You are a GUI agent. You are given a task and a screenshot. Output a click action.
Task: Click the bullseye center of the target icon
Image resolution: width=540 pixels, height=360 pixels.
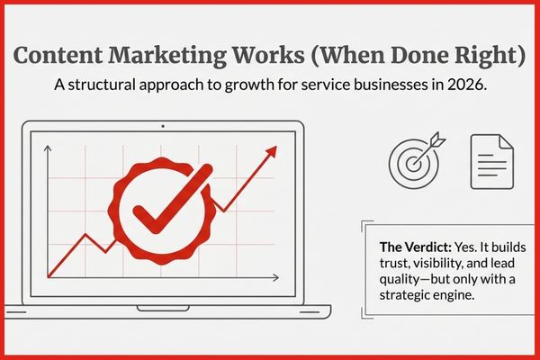pos(412,162)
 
